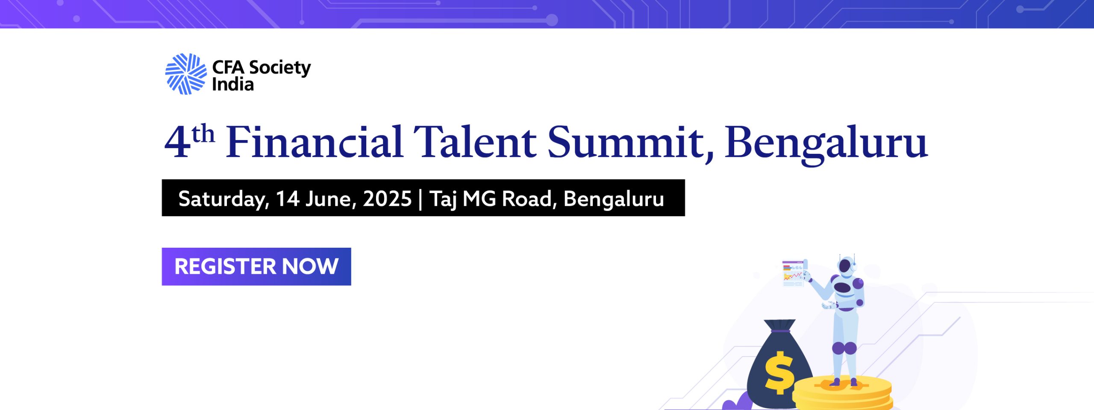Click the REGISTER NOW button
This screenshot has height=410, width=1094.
[256, 266]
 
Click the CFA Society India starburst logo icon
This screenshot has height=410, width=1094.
[186, 74]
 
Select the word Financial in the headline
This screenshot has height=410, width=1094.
[315, 142]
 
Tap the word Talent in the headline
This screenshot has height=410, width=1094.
[475, 142]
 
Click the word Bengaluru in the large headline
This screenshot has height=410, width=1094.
[826, 144]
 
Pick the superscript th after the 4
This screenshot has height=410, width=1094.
[203, 134]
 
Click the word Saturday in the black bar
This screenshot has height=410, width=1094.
[224, 199]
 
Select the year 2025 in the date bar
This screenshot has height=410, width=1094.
[387, 199]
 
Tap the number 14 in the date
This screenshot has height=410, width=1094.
[288, 199]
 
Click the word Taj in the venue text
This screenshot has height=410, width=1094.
[443, 199]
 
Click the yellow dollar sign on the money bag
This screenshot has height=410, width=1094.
[779, 373]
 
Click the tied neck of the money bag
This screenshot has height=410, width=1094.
[781, 326]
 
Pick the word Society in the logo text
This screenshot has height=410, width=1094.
[280, 68]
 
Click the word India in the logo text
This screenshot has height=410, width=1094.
[233, 84]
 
